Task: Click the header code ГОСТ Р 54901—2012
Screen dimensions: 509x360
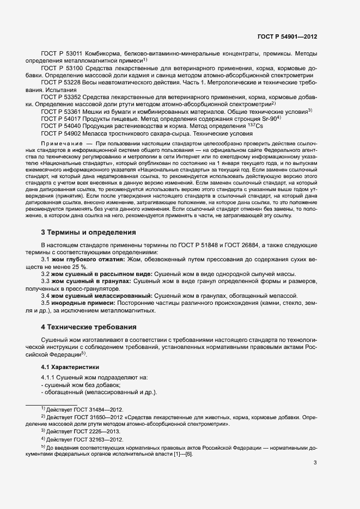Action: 287,37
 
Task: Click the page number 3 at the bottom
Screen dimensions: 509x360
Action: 315,463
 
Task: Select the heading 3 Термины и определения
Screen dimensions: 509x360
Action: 88,232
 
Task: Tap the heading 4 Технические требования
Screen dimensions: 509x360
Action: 89,327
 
